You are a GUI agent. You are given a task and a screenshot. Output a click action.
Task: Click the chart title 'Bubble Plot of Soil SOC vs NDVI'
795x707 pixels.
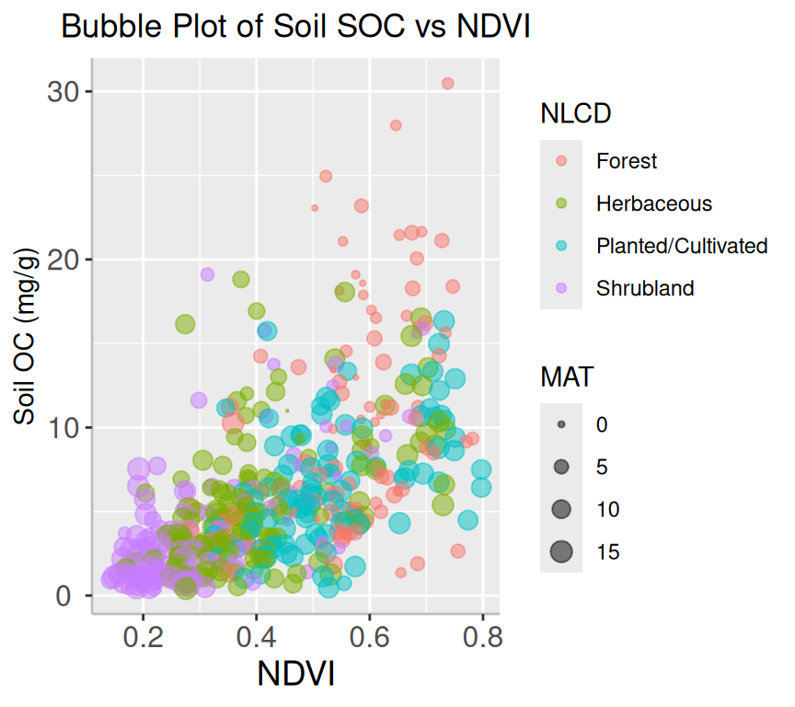(295, 28)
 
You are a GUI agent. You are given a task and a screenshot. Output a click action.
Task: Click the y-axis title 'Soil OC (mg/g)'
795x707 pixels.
(26, 336)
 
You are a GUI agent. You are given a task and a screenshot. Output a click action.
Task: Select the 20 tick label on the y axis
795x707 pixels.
(61, 260)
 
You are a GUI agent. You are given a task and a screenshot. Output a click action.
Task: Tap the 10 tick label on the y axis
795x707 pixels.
(61, 428)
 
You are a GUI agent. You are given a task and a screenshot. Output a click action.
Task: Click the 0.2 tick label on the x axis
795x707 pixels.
(143, 637)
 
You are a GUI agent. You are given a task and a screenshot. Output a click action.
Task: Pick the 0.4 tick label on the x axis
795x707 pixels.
(256, 637)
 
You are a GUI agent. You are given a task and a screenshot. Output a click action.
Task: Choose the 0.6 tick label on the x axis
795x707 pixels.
(369, 637)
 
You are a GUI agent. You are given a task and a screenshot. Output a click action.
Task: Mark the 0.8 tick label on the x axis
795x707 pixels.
(482, 637)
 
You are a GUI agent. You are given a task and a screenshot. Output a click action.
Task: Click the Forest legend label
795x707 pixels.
(627, 161)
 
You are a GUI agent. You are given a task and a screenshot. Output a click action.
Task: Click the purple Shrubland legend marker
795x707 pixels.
(561, 288)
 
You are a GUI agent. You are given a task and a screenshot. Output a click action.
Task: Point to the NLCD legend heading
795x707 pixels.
(577, 114)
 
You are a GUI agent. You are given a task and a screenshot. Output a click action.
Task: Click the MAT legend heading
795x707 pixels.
(567, 377)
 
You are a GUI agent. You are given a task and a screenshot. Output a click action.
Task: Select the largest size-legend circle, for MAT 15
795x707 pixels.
(561, 552)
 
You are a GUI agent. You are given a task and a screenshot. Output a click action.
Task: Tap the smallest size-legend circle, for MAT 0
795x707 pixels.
(561, 425)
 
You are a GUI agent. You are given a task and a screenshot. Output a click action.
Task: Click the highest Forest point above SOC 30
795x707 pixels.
(447, 83)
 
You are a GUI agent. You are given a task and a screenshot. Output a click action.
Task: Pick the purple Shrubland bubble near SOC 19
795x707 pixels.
(207, 274)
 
